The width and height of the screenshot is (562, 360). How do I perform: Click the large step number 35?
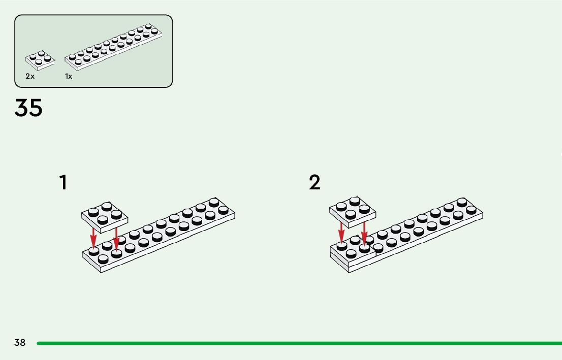tap(29, 108)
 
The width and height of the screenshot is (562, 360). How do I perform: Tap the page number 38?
tap(20, 343)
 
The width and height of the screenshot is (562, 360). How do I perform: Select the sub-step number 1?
tap(63, 182)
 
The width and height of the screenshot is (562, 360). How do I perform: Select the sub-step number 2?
tap(315, 182)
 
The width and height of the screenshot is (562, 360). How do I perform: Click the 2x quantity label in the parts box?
tap(30, 76)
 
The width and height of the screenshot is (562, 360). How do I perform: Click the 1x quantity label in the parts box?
tap(69, 76)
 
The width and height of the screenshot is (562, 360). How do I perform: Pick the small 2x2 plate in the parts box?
tap(40, 60)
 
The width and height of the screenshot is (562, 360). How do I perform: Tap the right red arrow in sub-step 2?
tap(364, 235)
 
